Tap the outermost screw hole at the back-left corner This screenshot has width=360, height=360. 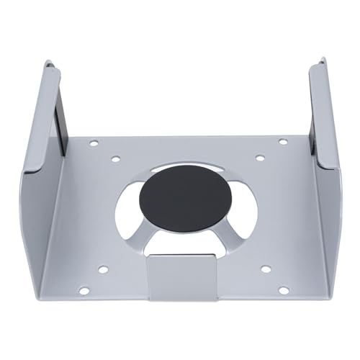pyautogui.click(x=94, y=144)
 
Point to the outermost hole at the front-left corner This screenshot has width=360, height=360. pyautogui.click(x=84, y=291)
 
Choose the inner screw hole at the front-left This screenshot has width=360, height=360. pyautogui.click(x=103, y=270)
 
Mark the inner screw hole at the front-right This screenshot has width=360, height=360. pyautogui.click(x=265, y=269)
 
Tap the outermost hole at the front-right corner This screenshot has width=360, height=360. pyautogui.click(x=284, y=290)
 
